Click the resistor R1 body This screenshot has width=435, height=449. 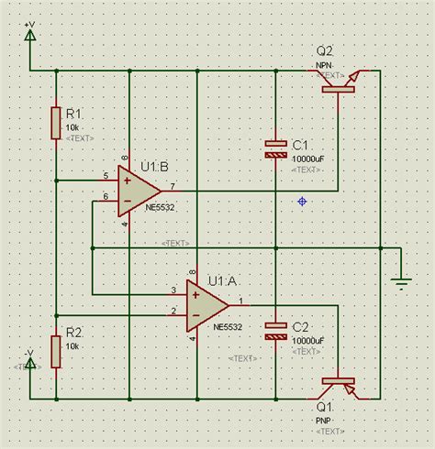tap(56, 123)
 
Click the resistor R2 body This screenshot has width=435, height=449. tap(56, 351)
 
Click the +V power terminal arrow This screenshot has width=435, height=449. tap(30, 36)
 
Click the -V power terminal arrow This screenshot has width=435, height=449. tap(30, 363)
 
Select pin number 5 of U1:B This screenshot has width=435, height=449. tap(106, 174)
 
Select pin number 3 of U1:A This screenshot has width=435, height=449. tap(174, 290)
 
